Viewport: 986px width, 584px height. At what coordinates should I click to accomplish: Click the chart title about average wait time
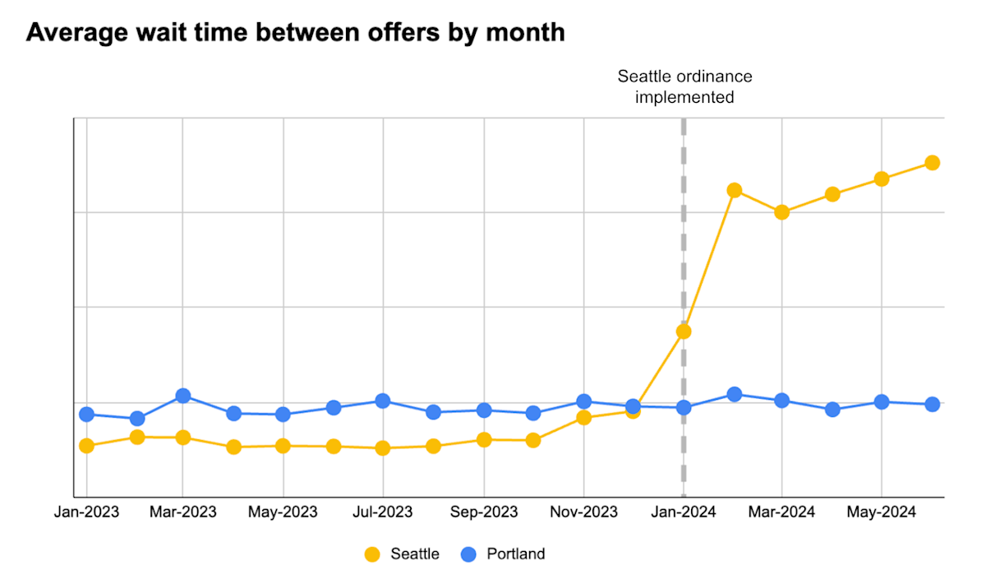pos(296,33)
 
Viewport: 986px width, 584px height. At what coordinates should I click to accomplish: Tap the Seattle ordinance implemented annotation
pos(684,86)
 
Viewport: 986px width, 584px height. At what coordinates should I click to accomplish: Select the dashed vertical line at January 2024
pos(684,247)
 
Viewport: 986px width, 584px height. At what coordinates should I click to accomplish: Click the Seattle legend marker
pos(373,554)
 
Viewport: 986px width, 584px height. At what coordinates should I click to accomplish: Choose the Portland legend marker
pos(468,554)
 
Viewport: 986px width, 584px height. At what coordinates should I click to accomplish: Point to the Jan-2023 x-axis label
pos(85,512)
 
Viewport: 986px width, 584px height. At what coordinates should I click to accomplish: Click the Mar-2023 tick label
pos(182,512)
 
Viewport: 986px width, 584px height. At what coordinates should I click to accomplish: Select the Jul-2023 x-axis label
pos(383,512)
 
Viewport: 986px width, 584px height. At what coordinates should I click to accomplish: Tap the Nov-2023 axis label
pos(583,512)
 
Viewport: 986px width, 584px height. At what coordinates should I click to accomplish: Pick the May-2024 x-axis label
pos(881,512)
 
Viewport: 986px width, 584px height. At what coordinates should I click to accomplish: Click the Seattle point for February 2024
pos(734,190)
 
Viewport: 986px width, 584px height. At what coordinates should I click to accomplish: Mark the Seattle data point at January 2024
pos(684,331)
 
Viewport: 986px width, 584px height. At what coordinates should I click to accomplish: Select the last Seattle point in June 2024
pos(932,163)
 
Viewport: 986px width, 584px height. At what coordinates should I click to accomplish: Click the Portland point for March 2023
pos(182,396)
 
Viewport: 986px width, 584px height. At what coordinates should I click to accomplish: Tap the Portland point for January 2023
pos(86,414)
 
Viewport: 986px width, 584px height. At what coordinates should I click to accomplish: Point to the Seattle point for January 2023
pos(86,446)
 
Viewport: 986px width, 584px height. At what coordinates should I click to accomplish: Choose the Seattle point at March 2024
pos(781,212)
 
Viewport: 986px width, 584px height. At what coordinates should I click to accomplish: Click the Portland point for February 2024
pos(734,394)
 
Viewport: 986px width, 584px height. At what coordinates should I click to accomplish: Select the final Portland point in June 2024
pos(932,404)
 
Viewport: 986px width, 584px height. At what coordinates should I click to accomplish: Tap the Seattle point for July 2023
pos(383,448)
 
